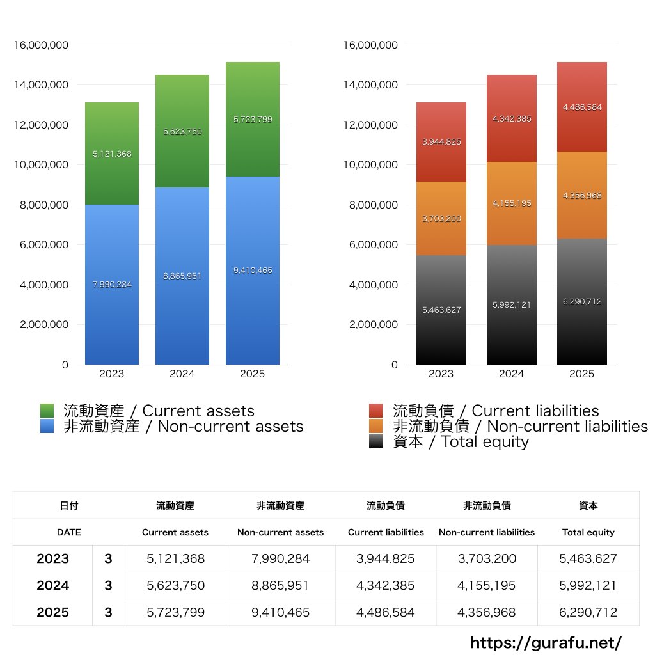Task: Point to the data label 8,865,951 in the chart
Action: [182, 276]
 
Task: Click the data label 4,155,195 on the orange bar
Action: [512, 203]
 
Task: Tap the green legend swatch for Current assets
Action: [47, 411]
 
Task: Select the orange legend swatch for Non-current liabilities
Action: [376, 426]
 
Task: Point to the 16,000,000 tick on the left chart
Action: [41, 45]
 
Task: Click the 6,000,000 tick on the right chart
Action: [371, 245]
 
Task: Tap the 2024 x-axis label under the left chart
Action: [182, 374]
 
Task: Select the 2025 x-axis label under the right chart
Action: [582, 374]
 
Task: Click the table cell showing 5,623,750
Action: [175, 585]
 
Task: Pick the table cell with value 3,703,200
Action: [487, 558]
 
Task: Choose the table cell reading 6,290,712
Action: [588, 612]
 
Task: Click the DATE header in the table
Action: [68, 532]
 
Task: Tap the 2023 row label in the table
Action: [52, 558]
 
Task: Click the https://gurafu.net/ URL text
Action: [546, 642]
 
